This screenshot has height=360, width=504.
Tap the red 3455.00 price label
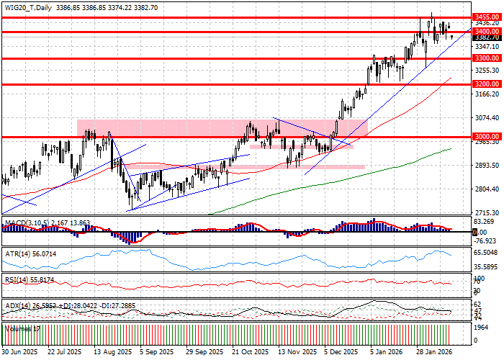(x=483, y=15)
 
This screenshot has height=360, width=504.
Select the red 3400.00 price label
(x=483, y=32)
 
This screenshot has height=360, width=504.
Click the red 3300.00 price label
(x=483, y=58)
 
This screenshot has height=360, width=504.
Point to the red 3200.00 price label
(x=483, y=84)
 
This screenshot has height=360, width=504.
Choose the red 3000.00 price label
(x=483, y=136)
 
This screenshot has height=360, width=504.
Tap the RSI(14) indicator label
(x=16, y=278)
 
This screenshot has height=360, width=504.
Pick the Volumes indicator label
(x=19, y=328)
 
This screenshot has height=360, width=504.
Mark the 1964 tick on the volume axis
(x=480, y=325)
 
